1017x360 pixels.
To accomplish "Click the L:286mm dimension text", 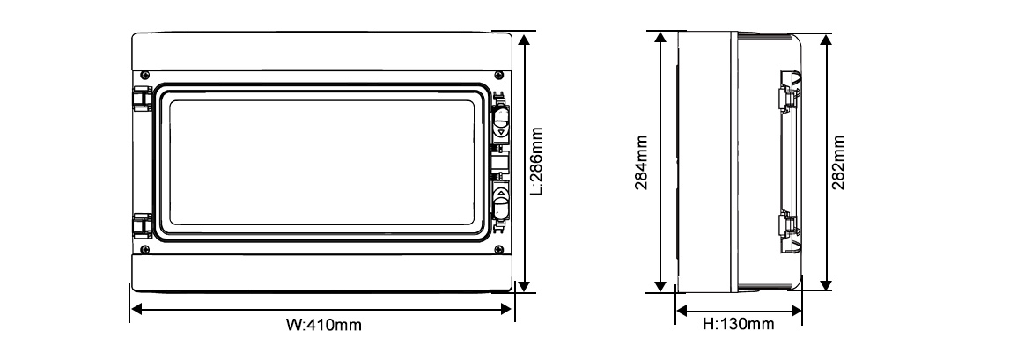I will (537, 162).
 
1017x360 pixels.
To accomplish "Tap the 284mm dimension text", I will (642, 162).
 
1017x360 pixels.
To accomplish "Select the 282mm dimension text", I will (838, 162).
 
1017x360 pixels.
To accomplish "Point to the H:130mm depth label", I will (738, 326).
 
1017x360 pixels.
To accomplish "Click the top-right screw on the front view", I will (499, 74).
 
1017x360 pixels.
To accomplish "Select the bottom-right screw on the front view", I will (499, 249).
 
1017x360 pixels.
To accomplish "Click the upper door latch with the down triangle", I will (500, 123).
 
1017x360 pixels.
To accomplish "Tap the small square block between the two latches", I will (498, 161).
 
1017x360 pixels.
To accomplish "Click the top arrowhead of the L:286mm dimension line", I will (525, 40).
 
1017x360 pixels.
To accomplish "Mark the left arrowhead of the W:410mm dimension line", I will (136, 308).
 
